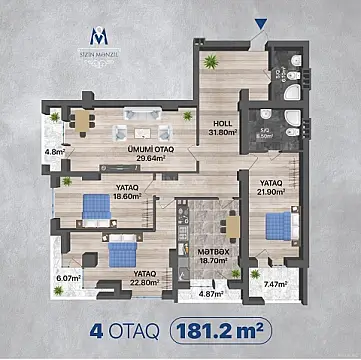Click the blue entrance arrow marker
(x=262, y=24)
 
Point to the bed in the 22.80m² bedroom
(x=122, y=251)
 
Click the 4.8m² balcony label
(x=54, y=153)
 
